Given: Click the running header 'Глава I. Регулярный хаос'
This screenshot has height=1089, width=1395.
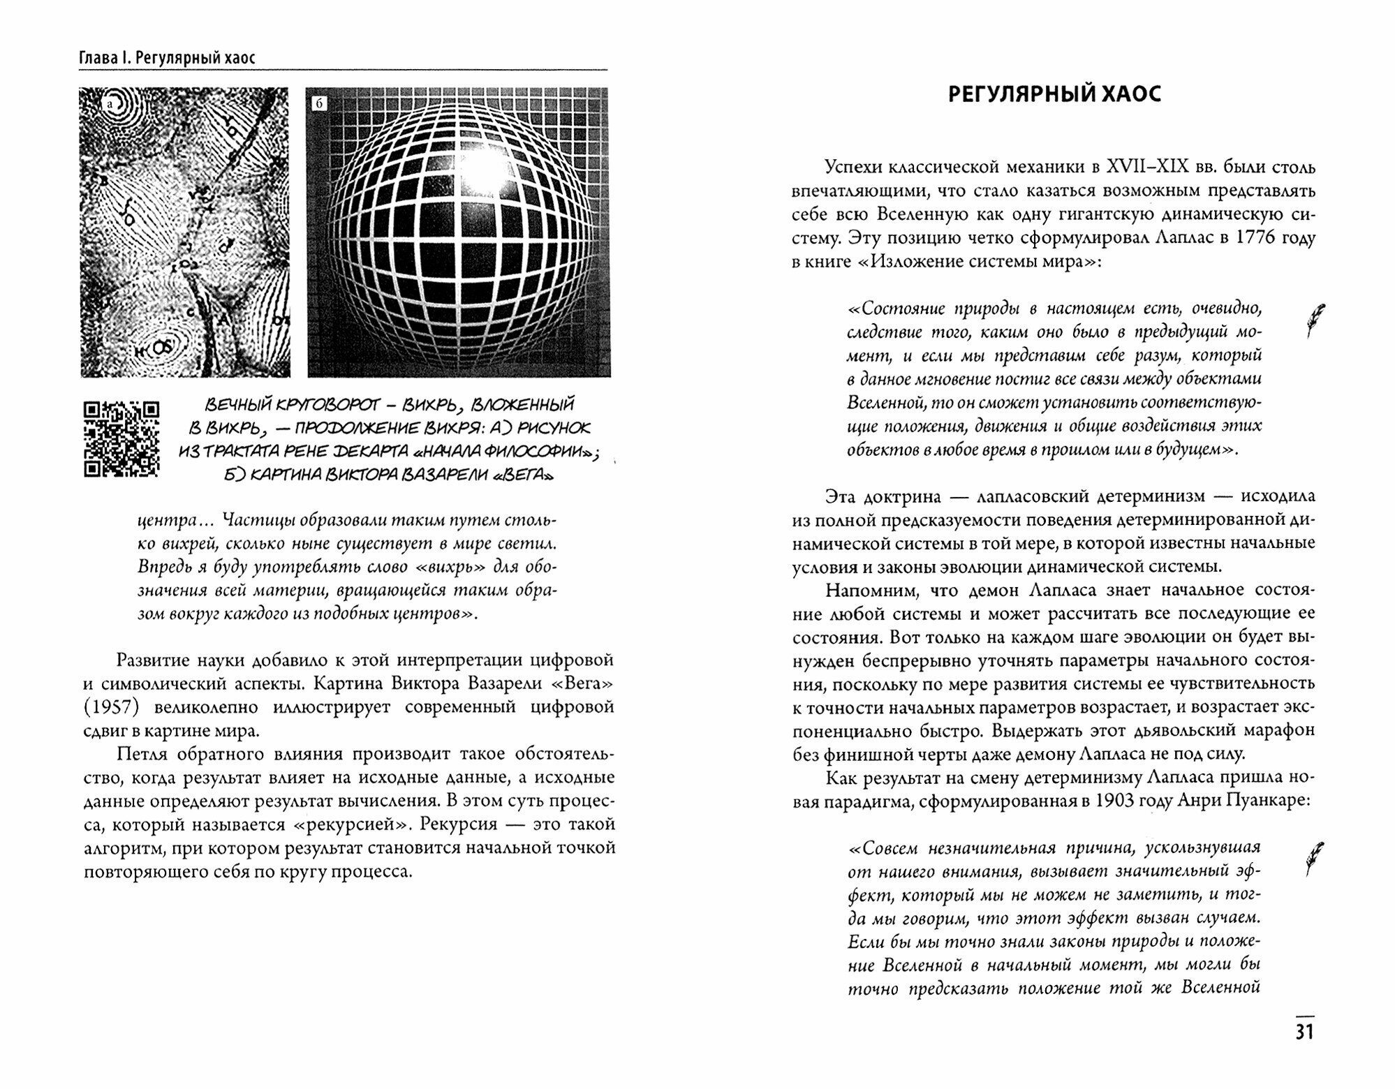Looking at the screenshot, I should click(168, 57).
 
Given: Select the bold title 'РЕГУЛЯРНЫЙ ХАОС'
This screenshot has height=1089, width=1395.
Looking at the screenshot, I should click(1054, 94).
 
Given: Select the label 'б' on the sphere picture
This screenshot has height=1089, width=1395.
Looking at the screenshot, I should click(319, 104).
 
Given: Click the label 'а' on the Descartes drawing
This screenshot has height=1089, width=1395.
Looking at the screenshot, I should click(109, 105).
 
